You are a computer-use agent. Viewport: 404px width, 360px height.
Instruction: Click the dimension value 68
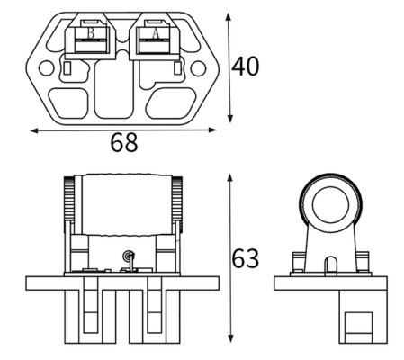(124, 142)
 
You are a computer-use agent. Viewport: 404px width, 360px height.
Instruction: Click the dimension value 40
(245, 67)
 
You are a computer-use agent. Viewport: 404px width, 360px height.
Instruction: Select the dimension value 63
(245, 258)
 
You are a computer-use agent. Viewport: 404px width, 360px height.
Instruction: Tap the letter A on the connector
(156, 33)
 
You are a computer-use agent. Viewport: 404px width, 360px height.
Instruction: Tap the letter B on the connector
(91, 33)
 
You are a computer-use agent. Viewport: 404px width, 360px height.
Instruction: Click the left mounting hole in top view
(47, 68)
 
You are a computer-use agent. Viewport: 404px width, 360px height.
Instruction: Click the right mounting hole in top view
(198, 68)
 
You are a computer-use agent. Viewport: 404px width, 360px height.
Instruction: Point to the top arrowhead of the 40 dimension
(229, 16)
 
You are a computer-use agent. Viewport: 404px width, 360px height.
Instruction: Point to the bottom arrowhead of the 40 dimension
(229, 119)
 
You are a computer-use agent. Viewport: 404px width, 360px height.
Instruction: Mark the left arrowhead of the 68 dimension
(34, 130)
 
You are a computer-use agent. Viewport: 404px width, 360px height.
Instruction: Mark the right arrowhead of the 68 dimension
(212, 130)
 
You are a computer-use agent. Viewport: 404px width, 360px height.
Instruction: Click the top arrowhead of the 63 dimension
(230, 177)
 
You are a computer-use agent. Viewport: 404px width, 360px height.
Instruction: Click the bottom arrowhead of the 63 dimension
(230, 338)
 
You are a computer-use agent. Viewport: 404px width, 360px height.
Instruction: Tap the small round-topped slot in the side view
(331, 265)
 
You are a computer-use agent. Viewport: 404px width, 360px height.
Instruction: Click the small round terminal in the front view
(128, 256)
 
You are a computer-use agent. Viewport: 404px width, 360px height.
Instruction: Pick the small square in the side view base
(358, 328)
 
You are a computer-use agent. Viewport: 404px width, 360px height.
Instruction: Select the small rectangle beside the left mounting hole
(67, 68)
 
